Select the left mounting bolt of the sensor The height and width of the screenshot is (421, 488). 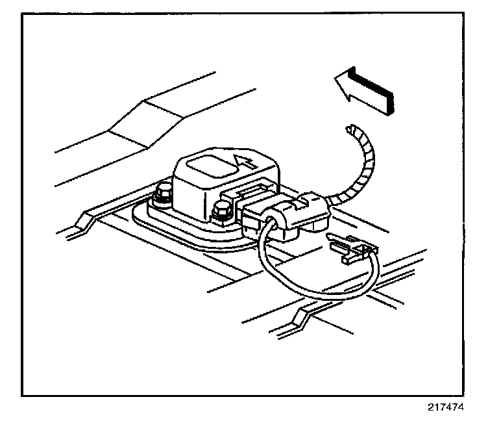(162, 193)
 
